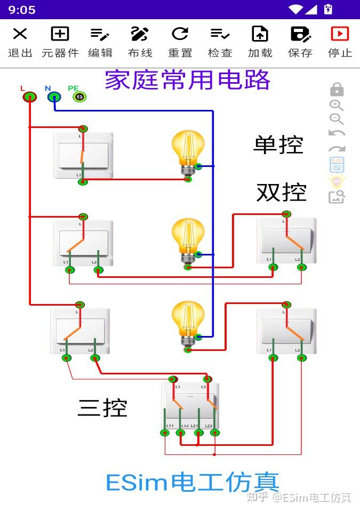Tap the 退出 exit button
pos(20,42)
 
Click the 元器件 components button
pos(60,42)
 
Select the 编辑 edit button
pos(100,42)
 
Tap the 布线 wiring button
pos(140,42)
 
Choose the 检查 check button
pos(220,42)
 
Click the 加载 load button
pos(260,42)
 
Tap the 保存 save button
pos(300,42)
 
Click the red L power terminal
pos(30,97)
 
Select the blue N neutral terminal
pos(54,97)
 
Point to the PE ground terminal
pos(79,97)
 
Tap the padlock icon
pos(337,89)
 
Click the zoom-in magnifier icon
pos(336,105)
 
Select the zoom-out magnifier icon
pos(336,119)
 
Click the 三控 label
pos(102,408)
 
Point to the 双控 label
pos(281,192)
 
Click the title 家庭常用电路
pos(187,80)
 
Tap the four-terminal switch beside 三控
pos(190,408)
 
